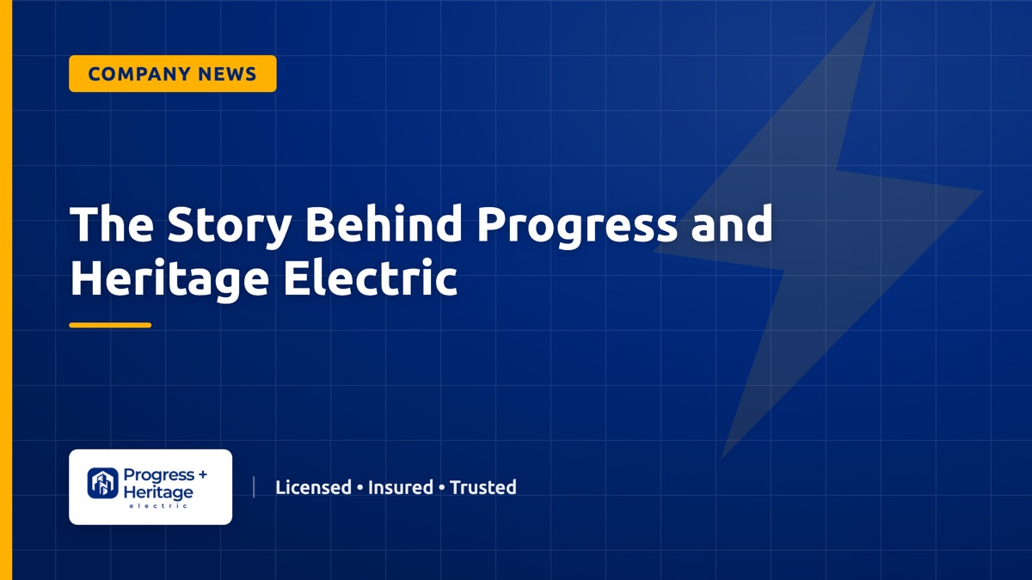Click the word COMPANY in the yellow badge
pyautogui.click(x=139, y=74)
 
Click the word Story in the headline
pyautogui.click(x=229, y=225)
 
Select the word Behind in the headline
pyautogui.click(x=384, y=223)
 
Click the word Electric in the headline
pyautogui.click(x=371, y=278)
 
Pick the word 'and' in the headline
pyautogui.click(x=732, y=223)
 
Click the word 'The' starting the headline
pyautogui.click(x=112, y=223)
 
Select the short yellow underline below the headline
pyautogui.click(x=110, y=325)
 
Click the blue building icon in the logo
pyautogui.click(x=102, y=483)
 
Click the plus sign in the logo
pyautogui.click(x=202, y=473)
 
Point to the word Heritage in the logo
pyautogui.click(x=158, y=492)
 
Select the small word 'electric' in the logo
pyautogui.click(x=158, y=506)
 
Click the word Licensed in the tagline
pyautogui.click(x=313, y=487)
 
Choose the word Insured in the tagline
pyautogui.click(x=401, y=487)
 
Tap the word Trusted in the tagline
pyautogui.click(x=482, y=487)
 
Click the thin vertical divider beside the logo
pyautogui.click(x=254, y=487)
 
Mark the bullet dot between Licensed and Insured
pyautogui.click(x=359, y=488)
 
